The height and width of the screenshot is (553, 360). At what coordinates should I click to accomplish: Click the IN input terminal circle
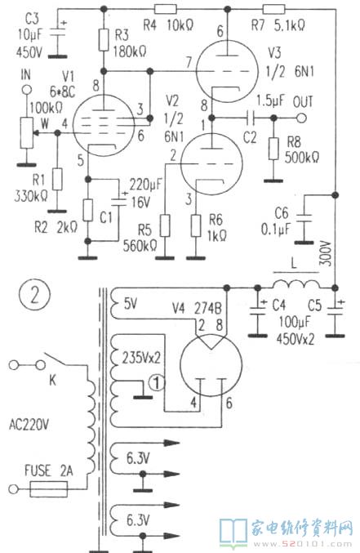pos(26,90)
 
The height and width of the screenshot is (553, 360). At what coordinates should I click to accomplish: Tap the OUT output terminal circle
pos(301,118)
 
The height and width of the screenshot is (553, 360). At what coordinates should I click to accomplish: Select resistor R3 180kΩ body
pos(104,40)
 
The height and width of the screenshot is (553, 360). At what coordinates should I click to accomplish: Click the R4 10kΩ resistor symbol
pos(166,9)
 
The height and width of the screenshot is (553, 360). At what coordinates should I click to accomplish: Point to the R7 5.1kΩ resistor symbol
pos(274,9)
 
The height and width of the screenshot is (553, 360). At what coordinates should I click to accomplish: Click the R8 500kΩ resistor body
pos(273,149)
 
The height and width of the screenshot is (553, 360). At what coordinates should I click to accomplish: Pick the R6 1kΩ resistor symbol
pos(196,225)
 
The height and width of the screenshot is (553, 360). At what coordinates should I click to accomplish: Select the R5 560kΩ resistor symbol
pos(165,225)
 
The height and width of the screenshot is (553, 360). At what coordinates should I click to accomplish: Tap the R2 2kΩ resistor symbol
pos(88,210)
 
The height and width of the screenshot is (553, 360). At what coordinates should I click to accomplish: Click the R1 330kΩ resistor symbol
pos(57,180)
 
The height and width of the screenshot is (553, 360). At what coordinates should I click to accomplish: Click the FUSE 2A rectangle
pos(49,489)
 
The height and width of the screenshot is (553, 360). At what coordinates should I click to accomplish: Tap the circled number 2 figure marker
pos(34,296)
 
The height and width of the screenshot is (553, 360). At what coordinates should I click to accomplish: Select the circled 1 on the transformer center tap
pos(158,382)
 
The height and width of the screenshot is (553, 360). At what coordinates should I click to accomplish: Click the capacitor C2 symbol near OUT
pos(251,118)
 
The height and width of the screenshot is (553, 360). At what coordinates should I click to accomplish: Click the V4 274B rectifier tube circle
pos(211,366)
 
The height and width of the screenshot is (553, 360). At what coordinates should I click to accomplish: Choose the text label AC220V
pos(29,425)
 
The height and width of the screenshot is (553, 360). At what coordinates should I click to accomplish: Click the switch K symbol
pos(53,361)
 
